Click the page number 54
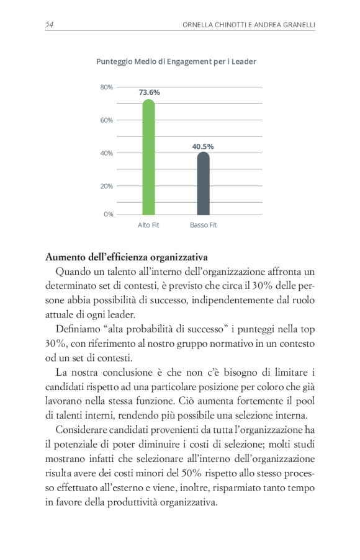50,24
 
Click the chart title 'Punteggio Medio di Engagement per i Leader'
176,61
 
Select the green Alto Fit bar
148,158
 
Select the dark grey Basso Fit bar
203,184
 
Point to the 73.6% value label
149,92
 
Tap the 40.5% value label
203,146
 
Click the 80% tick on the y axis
107,87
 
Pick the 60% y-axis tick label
107,120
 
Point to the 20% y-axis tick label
107,185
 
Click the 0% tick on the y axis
109,214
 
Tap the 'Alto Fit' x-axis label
148,224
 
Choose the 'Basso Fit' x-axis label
203,224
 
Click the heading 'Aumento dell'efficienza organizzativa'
127,257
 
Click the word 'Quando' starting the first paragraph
72,272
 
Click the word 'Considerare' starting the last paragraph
81,430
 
